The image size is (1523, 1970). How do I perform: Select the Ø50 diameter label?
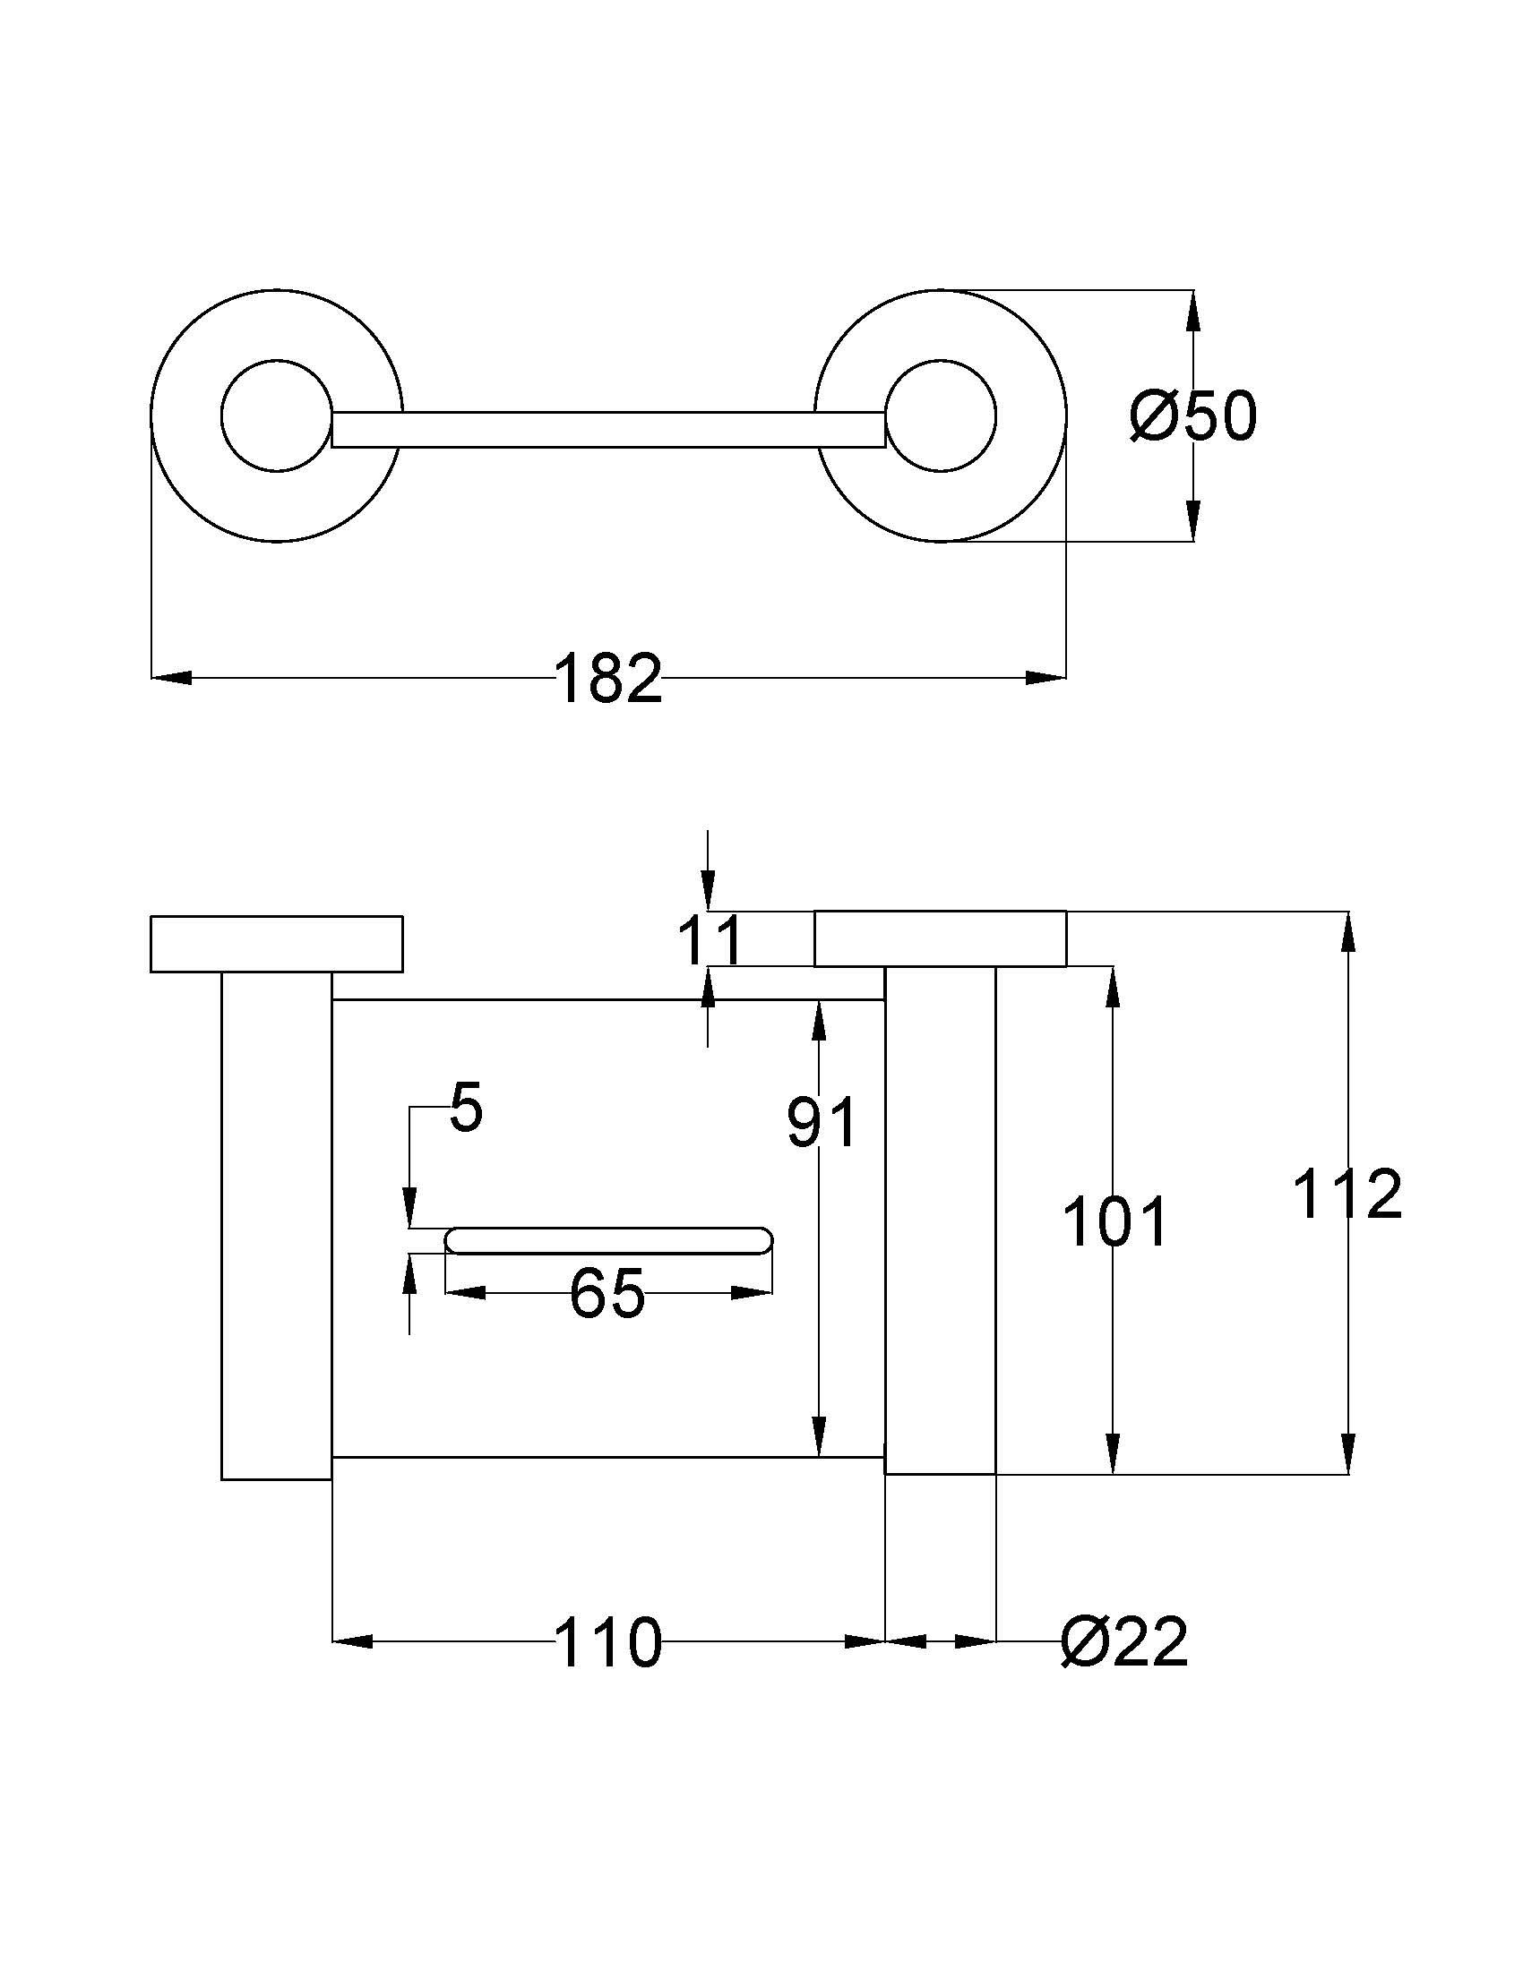tap(1192, 417)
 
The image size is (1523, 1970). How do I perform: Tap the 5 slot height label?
tap(467, 1109)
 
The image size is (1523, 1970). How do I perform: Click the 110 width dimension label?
tap(607, 1642)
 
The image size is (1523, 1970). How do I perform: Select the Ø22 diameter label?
tap(1124, 1642)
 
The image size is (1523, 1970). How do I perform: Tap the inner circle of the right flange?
tap(940, 417)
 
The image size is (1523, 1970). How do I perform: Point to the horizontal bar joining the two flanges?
tap(608, 429)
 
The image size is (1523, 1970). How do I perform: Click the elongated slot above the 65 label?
tap(609, 1240)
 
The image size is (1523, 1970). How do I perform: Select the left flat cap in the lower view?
tap(276, 944)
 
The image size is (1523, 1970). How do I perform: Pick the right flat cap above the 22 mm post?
tap(940, 939)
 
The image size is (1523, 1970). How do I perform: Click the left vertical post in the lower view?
tap(276, 1225)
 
